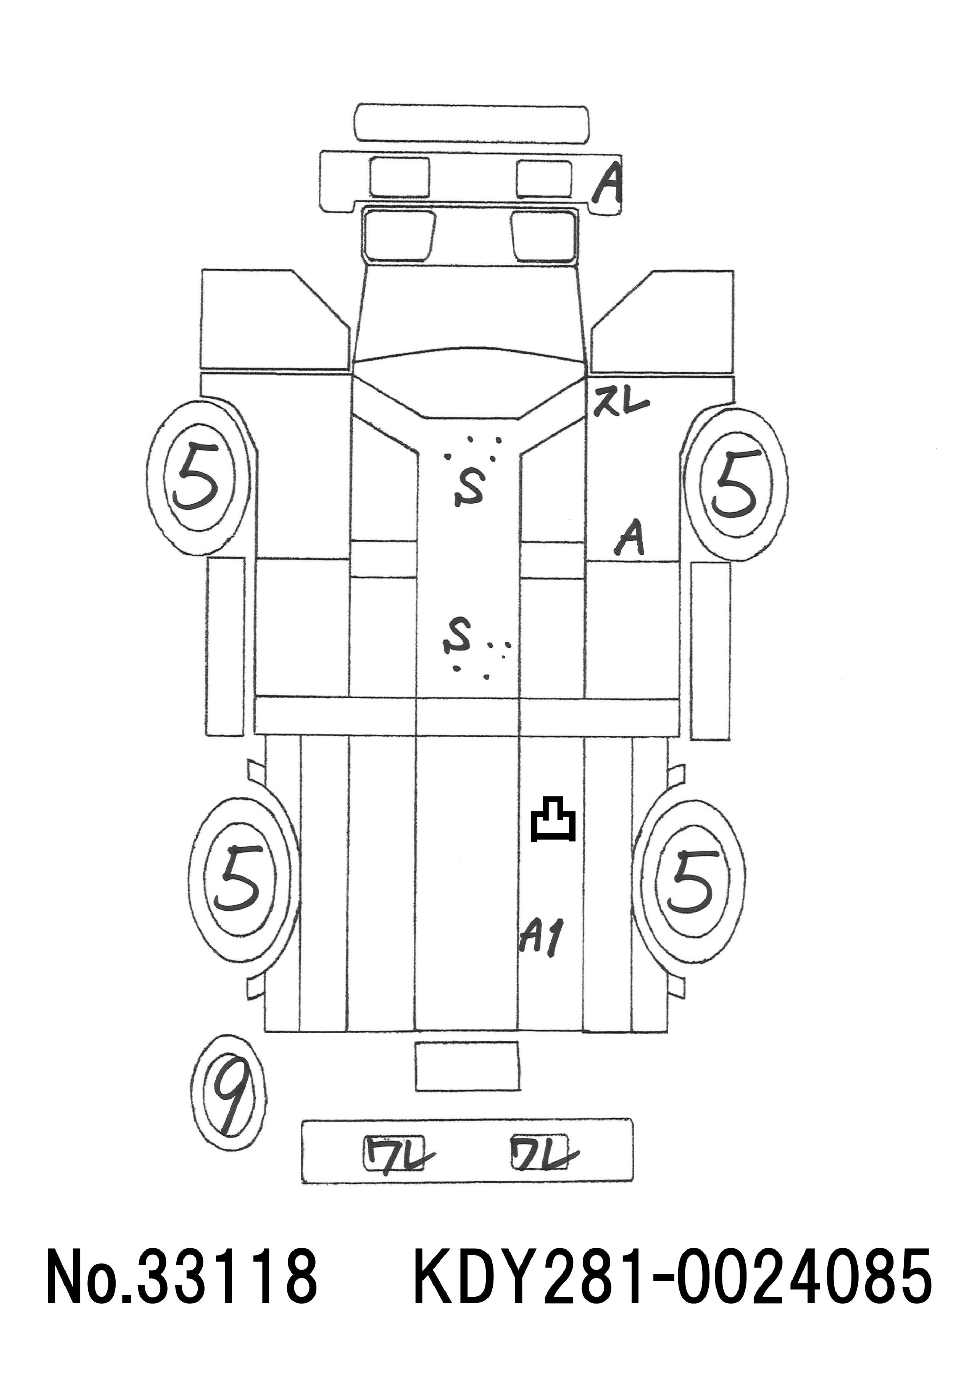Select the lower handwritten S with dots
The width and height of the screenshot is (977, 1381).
tap(457, 637)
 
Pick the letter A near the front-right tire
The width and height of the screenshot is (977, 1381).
tap(629, 538)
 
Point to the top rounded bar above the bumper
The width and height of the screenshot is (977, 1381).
tap(472, 124)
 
